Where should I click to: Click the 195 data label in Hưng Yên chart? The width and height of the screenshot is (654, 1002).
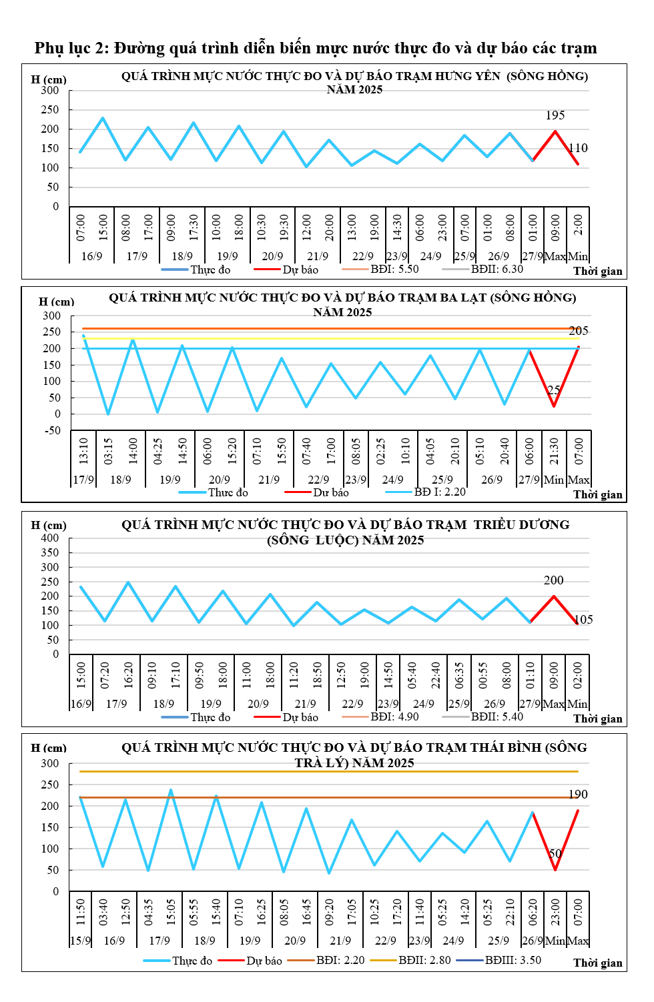pyautogui.click(x=555, y=115)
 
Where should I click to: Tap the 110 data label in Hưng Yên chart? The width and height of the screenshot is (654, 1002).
pyautogui.click(x=578, y=148)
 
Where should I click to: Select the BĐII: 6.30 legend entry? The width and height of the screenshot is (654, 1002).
pyautogui.click(x=497, y=269)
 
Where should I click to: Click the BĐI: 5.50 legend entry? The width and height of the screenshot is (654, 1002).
pyautogui.click(x=394, y=269)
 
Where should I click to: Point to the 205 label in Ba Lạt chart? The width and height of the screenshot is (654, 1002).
pyautogui.click(x=579, y=331)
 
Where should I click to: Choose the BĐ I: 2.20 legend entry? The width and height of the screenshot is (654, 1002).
pyautogui.click(x=439, y=492)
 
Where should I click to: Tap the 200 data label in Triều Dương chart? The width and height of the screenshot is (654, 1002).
pyautogui.click(x=553, y=580)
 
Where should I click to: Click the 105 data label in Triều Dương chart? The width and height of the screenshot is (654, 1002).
pyautogui.click(x=583, y=620)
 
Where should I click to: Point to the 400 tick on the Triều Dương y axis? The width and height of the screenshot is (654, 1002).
pyautogui.click(x=50, y=538)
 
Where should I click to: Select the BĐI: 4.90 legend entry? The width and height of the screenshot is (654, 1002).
pyautogui.click(x=394, y=716)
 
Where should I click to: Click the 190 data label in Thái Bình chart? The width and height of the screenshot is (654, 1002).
pyautogui.click(x=578, y=795)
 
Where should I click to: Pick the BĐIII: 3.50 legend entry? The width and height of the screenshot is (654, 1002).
pyautogui.click(x=513, y=960)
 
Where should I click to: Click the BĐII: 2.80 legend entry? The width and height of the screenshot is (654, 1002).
pyautogui.click(x=424, y=960)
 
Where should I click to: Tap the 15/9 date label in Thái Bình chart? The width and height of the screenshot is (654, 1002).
pyautogui.click(x=80, y=941)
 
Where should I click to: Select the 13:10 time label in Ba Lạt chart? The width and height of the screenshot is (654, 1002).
pyautogui.click(x=83, y=451)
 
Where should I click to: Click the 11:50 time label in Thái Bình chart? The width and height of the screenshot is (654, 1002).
pyautogui.click(x=81, y=911)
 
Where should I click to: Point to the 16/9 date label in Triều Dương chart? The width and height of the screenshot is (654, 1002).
pyautogui.click(x=81, y=704)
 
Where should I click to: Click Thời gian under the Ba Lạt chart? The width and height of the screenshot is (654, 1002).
pyautogui.click(x=597, y=494)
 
